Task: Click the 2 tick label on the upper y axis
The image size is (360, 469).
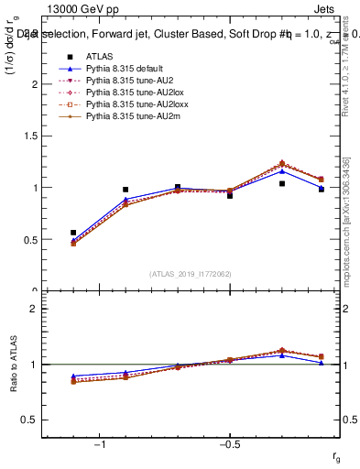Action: pos(35,84)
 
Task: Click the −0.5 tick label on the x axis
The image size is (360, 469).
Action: pos(227,445)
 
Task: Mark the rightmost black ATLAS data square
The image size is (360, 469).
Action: pos(322,189)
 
